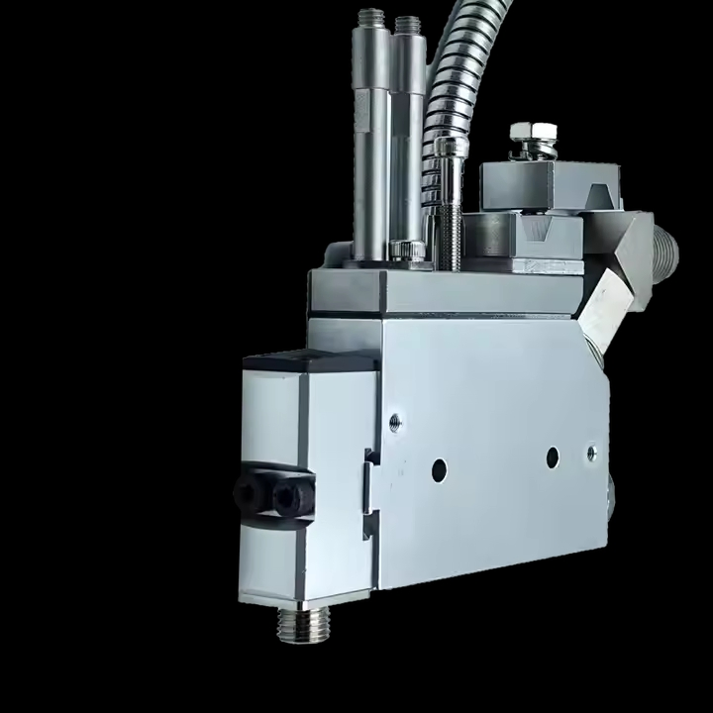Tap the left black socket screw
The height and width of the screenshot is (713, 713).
(245, 492)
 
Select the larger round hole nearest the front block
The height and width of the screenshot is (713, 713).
(439, 470)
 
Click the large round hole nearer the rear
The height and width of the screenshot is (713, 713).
(553, 457)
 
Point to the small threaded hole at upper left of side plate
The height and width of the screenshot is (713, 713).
(395, 422)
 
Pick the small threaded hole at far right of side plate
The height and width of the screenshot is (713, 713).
(591, 452)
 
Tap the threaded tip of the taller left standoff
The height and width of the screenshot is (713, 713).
(371, 18)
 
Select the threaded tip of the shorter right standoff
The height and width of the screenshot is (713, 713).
(405, 24)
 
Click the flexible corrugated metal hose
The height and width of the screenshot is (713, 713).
(446, 79)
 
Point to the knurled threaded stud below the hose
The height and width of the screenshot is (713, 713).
(451, 218)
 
